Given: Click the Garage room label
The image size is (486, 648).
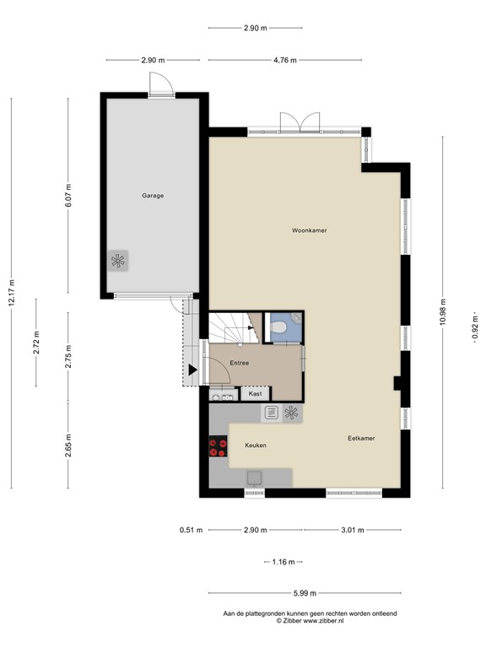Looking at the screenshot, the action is [x=153, y=196].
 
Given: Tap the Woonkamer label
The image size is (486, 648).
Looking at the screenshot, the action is [x=309, y=230].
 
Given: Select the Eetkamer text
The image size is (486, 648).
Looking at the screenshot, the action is [x=361, y=438].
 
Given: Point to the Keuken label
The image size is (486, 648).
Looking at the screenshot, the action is [x=256, y=445].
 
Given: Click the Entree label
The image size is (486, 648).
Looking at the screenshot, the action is [x=240, y=363].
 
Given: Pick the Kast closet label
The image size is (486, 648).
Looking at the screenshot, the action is [x=255, y=394].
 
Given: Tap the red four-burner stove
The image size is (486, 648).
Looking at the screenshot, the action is [x=219, y=446].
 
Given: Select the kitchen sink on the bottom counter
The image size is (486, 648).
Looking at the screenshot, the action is [x=255, y=478].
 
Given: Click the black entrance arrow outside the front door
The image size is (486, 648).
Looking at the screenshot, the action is [x=192, y=370].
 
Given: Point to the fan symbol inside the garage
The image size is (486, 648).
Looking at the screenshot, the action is [x=118, y=261].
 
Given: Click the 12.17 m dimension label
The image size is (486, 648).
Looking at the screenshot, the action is [x=12, y=293].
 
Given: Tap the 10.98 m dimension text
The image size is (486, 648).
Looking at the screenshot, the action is [x=443, y=312].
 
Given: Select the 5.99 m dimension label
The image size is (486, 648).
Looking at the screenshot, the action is [x=305, y=593].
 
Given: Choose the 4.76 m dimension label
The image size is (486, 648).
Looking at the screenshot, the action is [x=284, y=60].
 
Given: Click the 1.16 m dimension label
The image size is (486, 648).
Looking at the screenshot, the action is [x=283, y=562].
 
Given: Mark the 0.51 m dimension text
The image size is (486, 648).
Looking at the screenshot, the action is [x=191, y=530].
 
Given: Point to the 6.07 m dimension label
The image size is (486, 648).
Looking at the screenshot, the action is [x=68, y=196].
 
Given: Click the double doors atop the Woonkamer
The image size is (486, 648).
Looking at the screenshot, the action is [x=300, y=121].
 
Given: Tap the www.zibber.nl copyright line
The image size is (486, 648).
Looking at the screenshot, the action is [x=310, y=620].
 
